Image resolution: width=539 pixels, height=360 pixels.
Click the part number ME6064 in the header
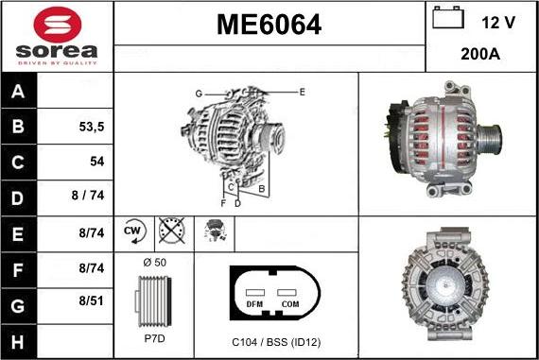[269, 26]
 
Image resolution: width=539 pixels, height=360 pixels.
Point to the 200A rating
[480, 55]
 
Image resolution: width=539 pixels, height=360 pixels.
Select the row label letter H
[20, 338]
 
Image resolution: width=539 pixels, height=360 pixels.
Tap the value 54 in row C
[96, 162]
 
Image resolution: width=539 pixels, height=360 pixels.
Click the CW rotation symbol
[132, 231]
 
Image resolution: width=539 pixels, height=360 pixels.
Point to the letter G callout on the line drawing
[199, 93]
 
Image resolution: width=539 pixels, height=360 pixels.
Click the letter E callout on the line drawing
[302, 92]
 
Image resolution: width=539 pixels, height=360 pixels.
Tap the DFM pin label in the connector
[253, 304]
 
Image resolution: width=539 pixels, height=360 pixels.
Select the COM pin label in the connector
[288, 304]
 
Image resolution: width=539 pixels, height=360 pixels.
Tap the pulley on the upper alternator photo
[492, 140]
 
